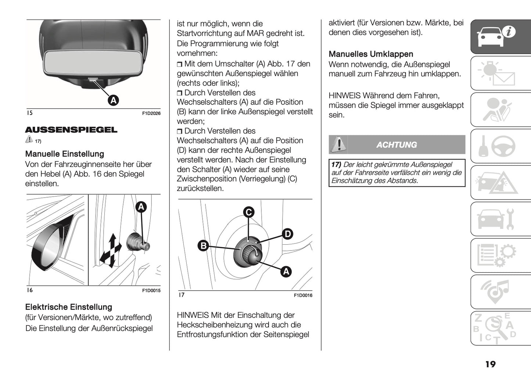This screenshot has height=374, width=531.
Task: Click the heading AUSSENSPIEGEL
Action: (71, 130)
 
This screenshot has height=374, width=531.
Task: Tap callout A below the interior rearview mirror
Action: (114, 100)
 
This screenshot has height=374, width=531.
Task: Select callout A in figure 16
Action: (141, 207)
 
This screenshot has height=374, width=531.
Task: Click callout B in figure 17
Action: (203, 245)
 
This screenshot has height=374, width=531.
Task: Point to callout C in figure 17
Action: (249, 212)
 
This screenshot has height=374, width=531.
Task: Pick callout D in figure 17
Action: (287, 234)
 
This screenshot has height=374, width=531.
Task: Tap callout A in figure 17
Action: (286, 271)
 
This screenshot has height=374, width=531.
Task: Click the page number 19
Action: (490, 364)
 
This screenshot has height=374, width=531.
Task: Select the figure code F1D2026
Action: (151, 114)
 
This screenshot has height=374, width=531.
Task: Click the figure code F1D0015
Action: (151, 291)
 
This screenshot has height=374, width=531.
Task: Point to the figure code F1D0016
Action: (303, 295)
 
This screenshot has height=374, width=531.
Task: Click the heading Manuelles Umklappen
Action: (371, 54)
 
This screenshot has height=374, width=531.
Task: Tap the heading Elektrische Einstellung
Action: (68, 307)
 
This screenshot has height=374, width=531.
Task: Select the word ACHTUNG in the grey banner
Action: (397, 145)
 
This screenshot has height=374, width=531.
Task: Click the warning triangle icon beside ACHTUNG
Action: (338, 144)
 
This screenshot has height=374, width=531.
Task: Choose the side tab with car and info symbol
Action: (500, 36)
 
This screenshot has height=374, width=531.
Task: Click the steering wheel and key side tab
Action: (500, 146)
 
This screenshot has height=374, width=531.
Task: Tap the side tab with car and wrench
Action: (500, 219)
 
